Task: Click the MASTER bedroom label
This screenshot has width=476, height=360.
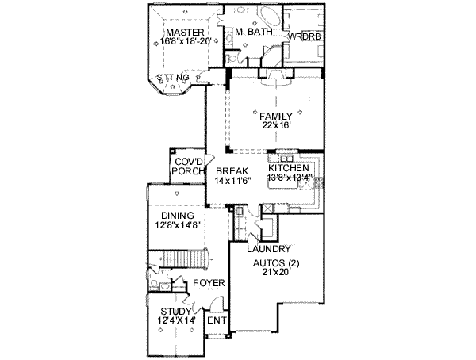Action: (x=180, y=32)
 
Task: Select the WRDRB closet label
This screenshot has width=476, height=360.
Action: (x=303, y=36)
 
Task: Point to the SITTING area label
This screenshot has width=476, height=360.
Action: (x=172, y=77)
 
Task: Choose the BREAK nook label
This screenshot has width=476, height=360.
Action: (x=231, y=170)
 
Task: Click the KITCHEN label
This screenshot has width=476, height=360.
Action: (x=289, y=169)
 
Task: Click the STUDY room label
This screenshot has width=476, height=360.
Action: (x=175, y=311)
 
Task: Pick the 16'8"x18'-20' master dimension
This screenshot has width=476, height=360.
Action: (x=184, y=42)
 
